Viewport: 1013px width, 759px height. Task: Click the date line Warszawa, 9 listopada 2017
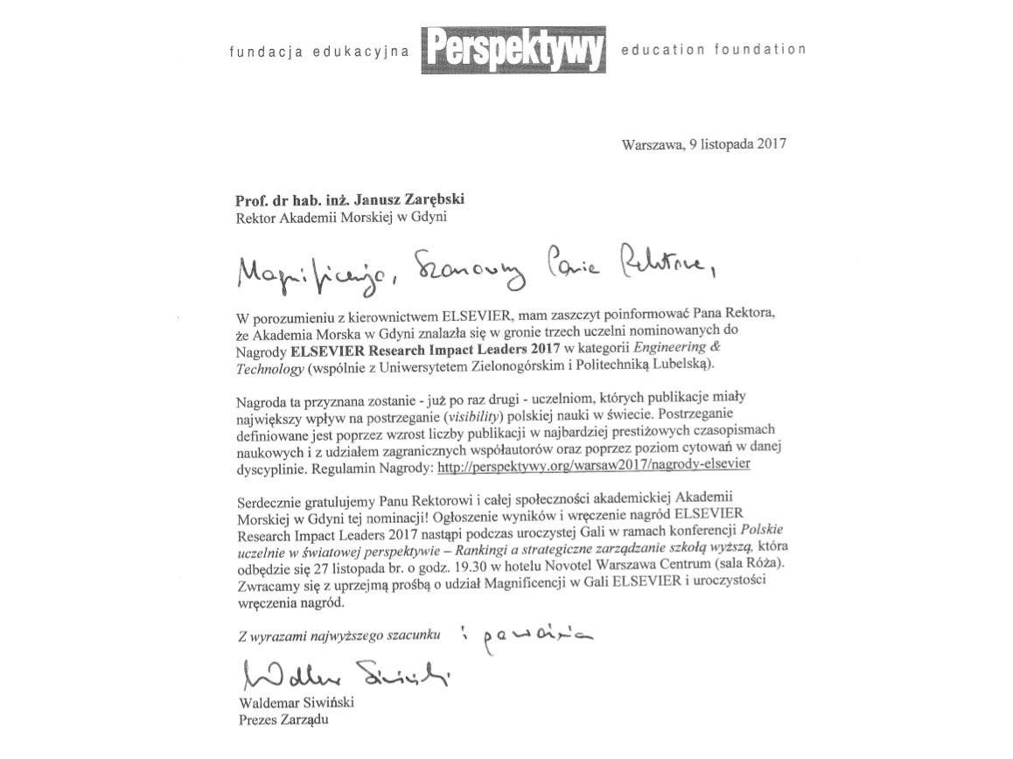tap(703, 144)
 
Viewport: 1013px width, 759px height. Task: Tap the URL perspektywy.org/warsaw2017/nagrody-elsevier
tap(593, 466)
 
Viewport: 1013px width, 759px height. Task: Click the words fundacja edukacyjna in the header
tap(319, 52)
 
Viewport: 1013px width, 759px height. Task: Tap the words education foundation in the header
tap(713, 50)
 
